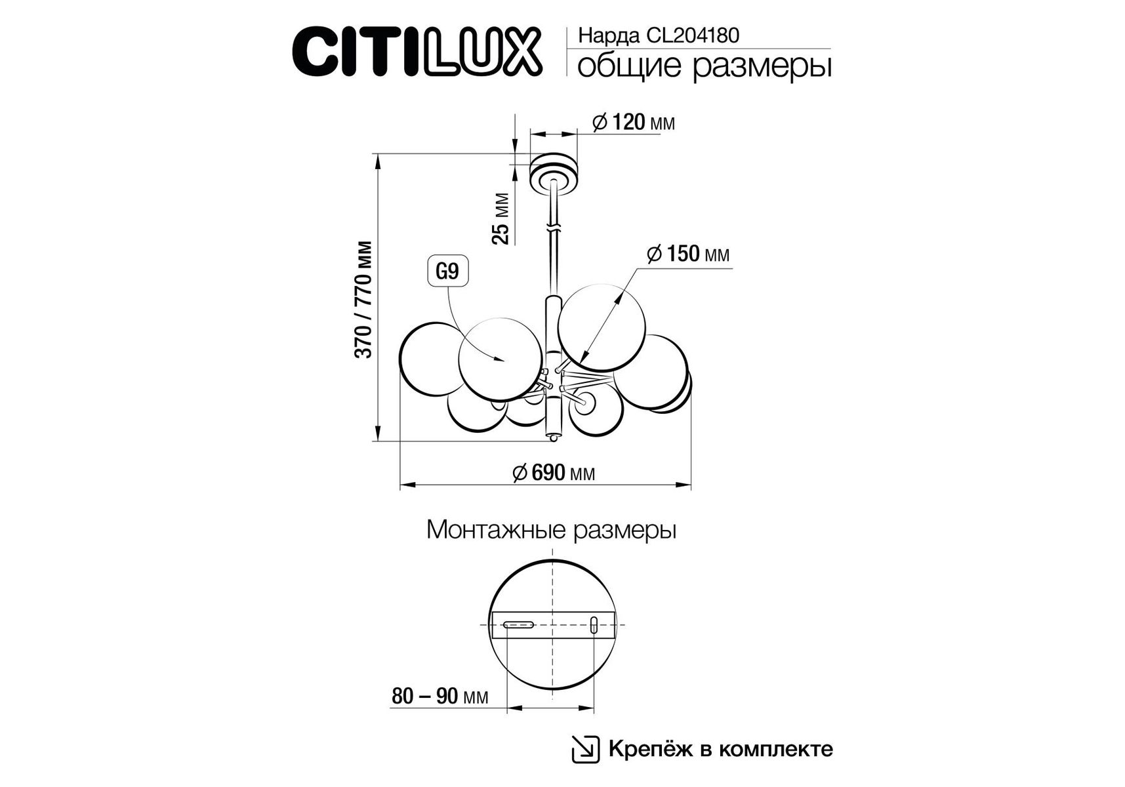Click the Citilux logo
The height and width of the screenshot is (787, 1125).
tap(417, 52)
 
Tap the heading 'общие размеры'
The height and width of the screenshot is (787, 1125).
tap(705, 66)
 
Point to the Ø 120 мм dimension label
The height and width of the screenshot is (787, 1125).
tap(633, 122)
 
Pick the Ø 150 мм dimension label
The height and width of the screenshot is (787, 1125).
tap(687, 254)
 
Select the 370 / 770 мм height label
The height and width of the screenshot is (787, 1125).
tap(364, 300)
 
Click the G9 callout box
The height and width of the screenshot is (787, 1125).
tap(448, 272)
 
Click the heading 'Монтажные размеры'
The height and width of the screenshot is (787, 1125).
tap(551, 530)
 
